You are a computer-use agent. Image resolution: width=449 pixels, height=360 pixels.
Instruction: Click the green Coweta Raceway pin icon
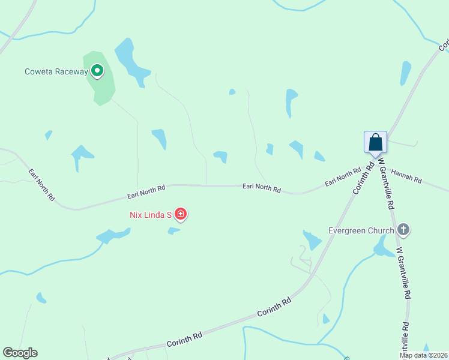(x=97, y=71)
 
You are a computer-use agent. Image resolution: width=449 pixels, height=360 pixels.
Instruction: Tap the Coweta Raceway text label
(x=56, y=72)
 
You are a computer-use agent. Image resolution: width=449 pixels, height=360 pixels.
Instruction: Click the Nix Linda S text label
(x=151, y=215)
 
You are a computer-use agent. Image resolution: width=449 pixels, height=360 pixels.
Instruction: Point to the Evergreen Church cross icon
(x=403, y=230)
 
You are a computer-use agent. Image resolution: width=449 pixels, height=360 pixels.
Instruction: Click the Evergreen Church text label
(x=361, y=230)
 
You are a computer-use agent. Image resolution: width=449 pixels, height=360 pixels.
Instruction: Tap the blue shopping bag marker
(x=376, y=143)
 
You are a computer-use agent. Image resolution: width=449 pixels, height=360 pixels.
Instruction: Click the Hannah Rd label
(x=406, y=176)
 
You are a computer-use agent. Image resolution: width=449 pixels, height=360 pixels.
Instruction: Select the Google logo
(x=20, y=353)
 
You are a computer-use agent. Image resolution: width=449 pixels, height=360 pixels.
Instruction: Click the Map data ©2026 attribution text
(x=423, y=355)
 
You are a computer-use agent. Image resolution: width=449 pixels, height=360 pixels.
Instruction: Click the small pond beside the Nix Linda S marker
(x=173, y=230)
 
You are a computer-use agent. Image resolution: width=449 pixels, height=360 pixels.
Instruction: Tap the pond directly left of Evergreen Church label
(x=312, y=239)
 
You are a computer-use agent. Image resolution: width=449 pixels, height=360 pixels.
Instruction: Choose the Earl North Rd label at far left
(x=42, y=184)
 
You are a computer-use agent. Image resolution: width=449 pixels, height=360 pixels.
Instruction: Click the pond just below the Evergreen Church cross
(x=382, y=246)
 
